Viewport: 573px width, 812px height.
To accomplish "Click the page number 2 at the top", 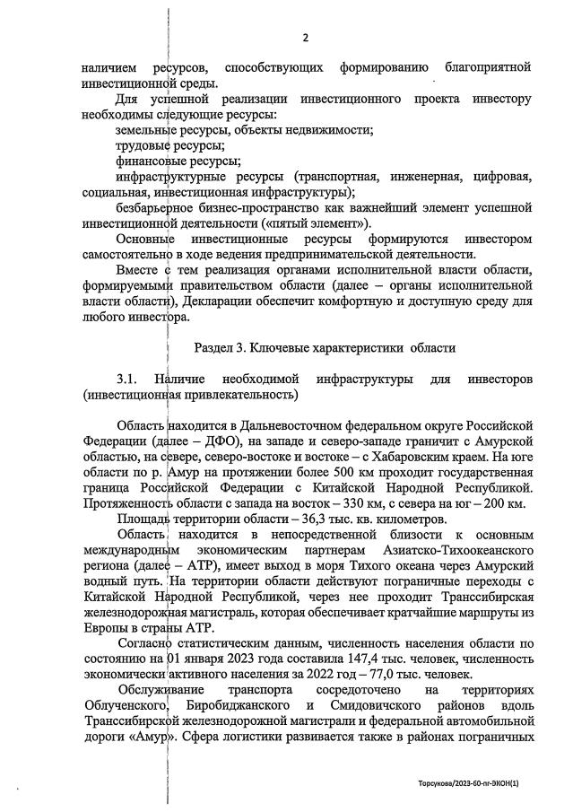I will (x=305, y=37).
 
